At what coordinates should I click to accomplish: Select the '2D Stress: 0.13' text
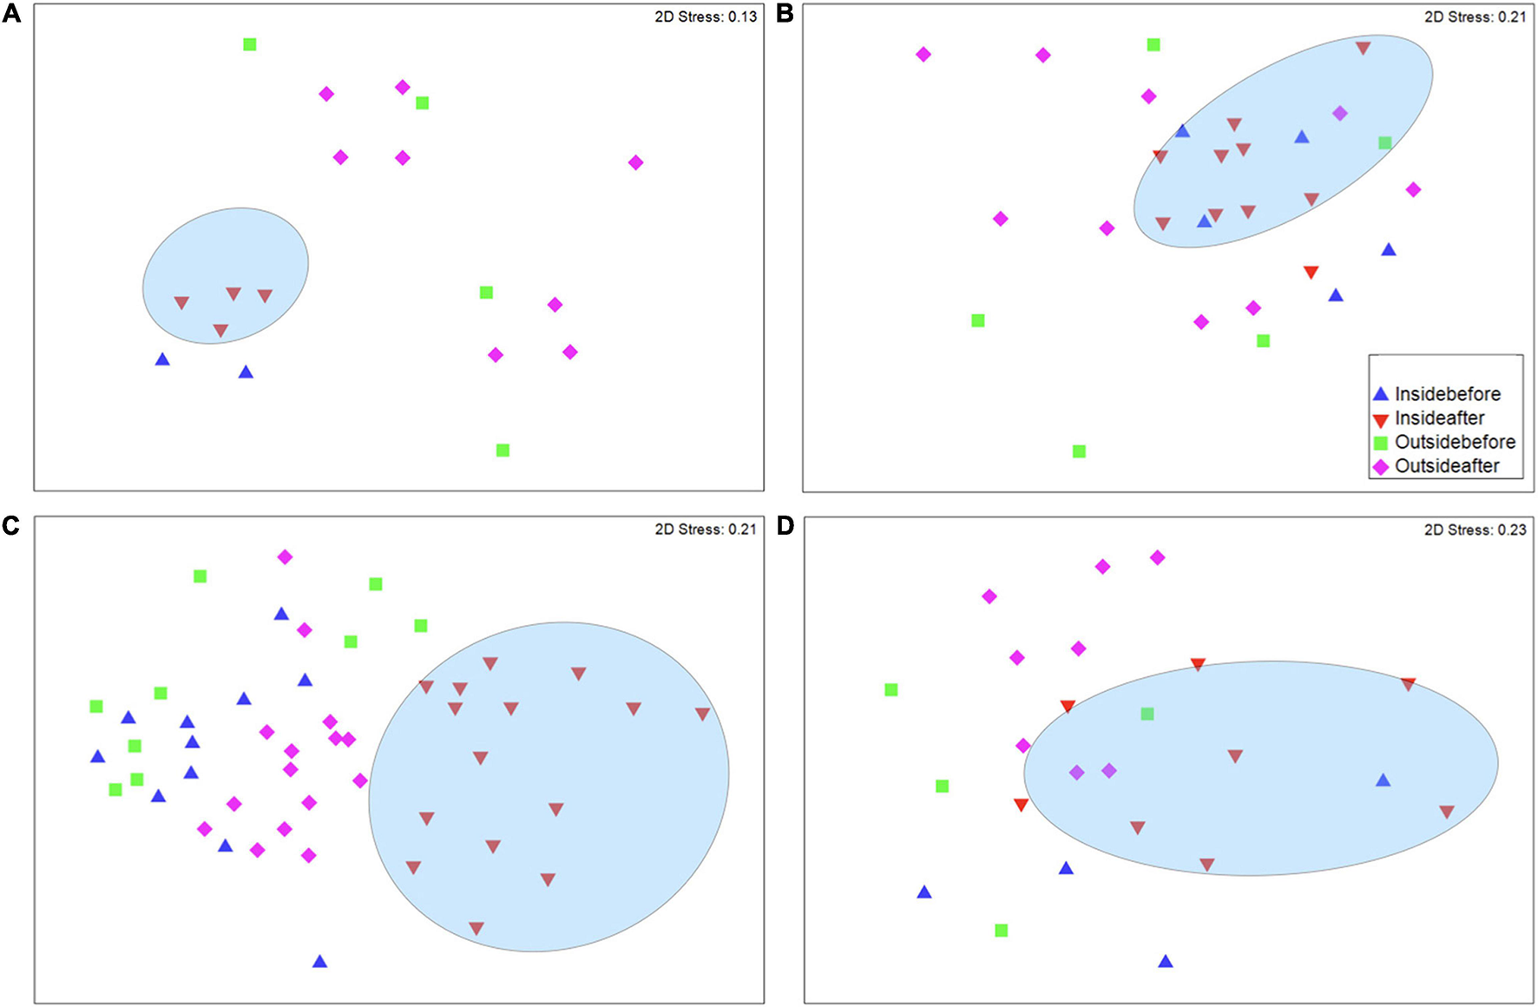[705, 16]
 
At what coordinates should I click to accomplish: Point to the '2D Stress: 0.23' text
[1475, 530]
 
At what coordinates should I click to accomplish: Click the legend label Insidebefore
[1447, 394]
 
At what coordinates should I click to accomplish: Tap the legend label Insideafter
[1439, 418]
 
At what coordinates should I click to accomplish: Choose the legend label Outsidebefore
[1455, 442]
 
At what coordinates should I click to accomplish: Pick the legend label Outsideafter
[1447, 466]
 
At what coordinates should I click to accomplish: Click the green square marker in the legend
[1381, 443]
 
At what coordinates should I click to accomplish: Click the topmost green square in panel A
[250, 44]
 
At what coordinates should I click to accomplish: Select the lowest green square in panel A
[503, 450]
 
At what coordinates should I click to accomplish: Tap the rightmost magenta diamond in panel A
[635, 162]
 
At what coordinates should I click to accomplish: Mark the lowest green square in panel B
[1079, 451]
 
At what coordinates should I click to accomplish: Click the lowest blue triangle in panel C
[319, 962]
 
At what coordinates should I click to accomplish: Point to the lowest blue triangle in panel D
[1166, 962]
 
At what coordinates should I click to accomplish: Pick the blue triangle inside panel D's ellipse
[1384, 780]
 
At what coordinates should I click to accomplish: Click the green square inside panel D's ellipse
[1147, 714]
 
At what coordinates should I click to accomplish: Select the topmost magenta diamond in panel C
[285, 556]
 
